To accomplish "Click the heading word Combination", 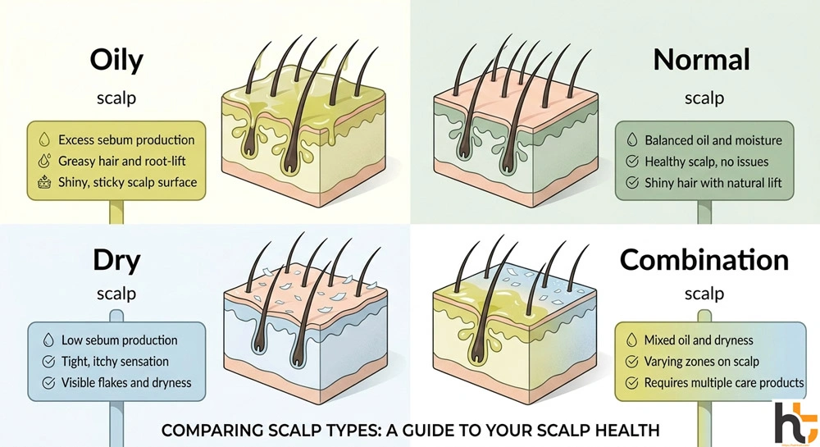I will click(x=704, y=260).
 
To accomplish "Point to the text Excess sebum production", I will click(x=126, y=140).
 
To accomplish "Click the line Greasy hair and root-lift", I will click(x=122, y=162).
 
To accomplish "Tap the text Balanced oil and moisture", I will click(x=713, y=140).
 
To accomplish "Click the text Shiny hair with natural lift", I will click(x=713, y=183).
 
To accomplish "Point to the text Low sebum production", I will click(x=119, y=340).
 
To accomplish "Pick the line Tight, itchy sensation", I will click(x=115, y=361).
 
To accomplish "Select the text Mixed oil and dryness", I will click(x=699, y=340).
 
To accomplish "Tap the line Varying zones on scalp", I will click(x=702, y=361).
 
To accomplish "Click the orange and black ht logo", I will click(x=795, y=421).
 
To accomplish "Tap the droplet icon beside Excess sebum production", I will click(x=43, y=140).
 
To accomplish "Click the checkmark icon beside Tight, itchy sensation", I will click(x=47, y=361).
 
